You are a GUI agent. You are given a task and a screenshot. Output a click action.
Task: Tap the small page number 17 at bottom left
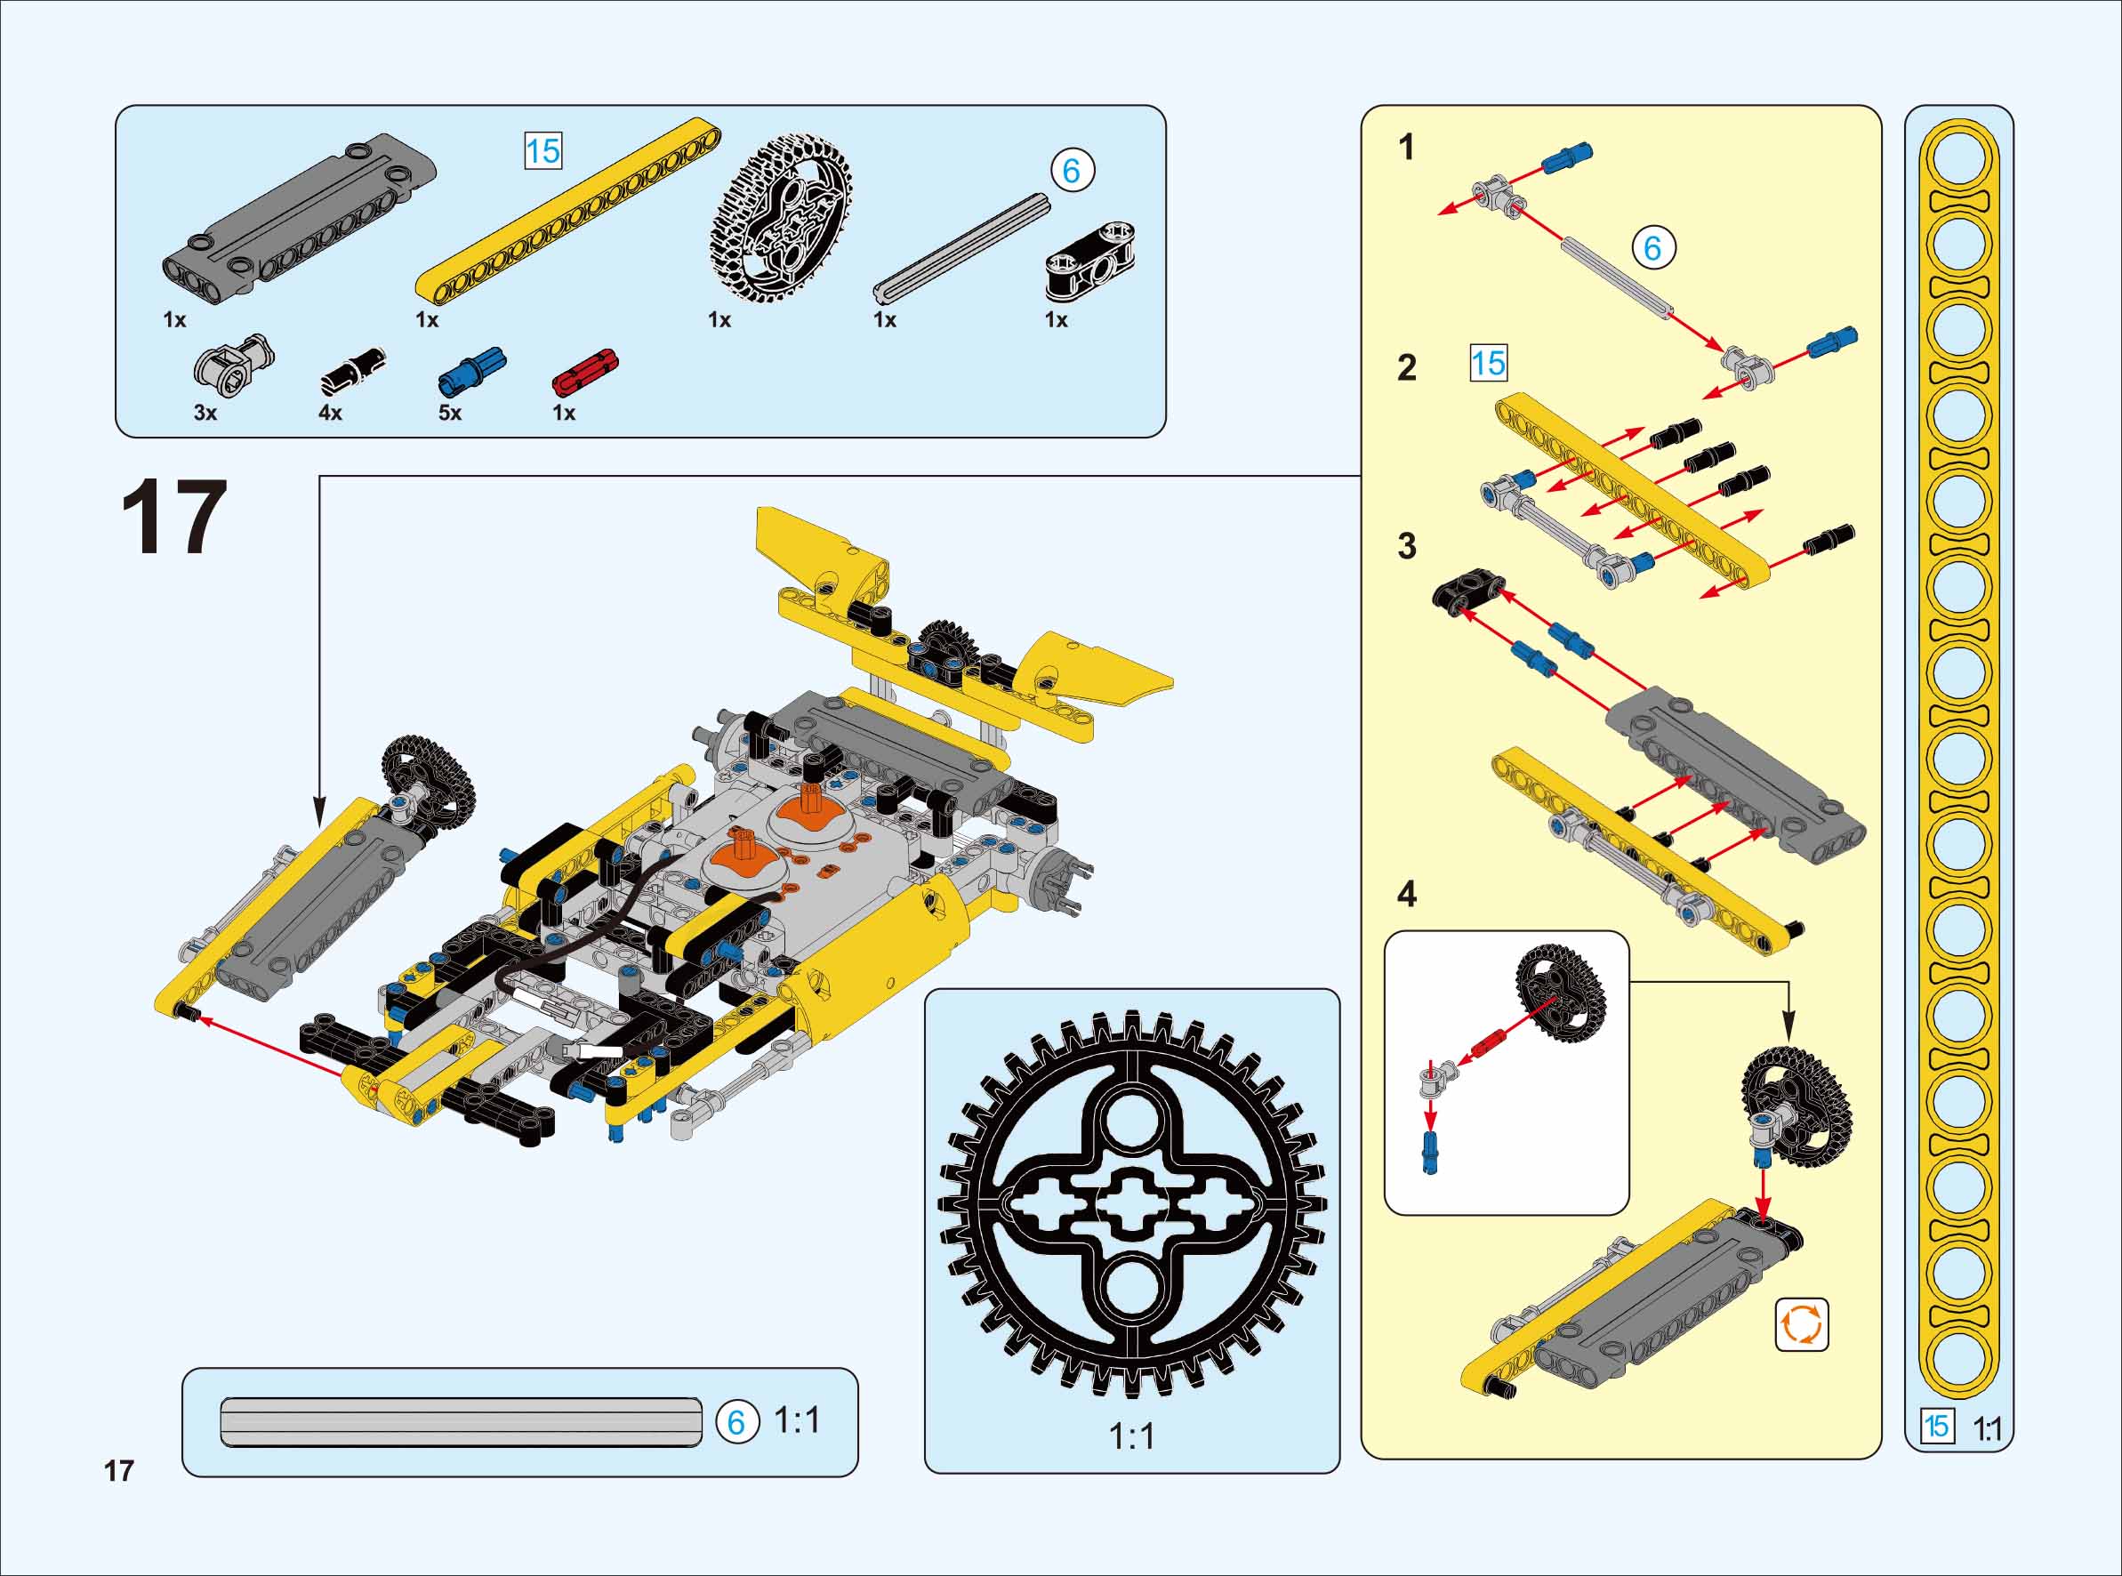[119, 1471]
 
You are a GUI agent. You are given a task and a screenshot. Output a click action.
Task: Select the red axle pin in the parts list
[585, 371]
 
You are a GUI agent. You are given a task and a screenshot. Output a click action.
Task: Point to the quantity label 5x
[449, 413]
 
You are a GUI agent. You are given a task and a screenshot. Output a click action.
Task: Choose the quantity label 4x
[330, 413]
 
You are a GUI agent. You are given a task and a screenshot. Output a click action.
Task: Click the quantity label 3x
[205, 413]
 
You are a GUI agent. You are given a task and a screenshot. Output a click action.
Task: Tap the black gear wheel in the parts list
[780, 218]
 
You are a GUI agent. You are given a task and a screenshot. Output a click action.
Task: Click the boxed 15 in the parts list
[543, 150]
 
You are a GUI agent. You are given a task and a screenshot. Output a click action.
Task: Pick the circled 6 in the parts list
[1072, 171]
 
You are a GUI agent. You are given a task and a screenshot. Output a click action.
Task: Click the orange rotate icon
[1802, 1324]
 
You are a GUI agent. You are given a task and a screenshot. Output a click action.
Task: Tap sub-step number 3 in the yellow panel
[1407, 546]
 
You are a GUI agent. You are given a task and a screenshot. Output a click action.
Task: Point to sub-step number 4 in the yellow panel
[1407, 894]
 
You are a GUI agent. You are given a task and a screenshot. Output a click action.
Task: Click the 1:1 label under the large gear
[1132, 1435]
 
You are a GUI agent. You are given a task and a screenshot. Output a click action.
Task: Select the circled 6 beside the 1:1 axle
[736, 1422]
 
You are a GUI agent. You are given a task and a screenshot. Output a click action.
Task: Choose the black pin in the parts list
[352, 372]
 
